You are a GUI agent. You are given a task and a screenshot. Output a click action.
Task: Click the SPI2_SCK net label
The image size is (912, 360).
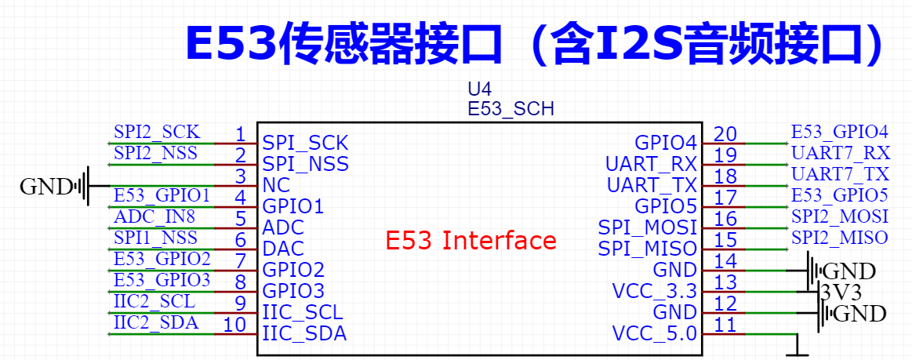click(x=157, y=132)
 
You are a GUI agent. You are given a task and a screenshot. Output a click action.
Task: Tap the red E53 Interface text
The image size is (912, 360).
click(x=471, y=240)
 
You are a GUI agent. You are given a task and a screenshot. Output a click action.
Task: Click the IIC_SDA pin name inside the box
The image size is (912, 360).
click(x=305, y=334)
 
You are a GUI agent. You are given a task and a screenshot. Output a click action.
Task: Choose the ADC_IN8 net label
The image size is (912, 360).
click(x=154, y=216)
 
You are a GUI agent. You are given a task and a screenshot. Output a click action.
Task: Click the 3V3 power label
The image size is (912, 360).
click(x=839, y=291)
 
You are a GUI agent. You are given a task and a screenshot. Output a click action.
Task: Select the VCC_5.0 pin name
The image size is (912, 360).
click(x=654, y=334)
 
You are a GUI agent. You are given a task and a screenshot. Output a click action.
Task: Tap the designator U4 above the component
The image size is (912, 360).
click(x=480, y=89)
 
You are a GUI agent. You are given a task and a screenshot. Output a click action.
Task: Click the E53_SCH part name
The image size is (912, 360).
click(x=511, y=109)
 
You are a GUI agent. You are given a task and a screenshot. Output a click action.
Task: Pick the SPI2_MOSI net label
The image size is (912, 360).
click(x=840, y=216)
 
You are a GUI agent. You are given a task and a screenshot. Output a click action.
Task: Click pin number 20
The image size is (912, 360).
click(x=725, y=134)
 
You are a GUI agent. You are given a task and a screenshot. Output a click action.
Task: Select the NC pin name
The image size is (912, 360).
click(x=276, y=185)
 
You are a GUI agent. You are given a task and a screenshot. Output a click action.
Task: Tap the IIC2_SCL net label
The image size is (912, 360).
click(x=154, y=302)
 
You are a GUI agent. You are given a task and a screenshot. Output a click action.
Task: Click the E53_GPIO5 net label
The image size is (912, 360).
click(x=839, y=195)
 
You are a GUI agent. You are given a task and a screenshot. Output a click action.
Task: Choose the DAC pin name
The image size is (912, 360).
click(x=283, y=249)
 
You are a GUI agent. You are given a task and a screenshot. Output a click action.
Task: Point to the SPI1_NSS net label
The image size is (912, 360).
click(x=155, y=238)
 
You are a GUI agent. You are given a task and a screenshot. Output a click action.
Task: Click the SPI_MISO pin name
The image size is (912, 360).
click(x=648, y=249)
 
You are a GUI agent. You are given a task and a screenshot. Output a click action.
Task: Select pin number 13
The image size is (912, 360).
click(x=725, y=282)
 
